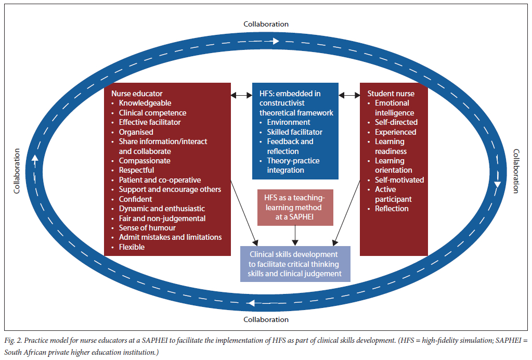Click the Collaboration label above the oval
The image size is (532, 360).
pos(266,24)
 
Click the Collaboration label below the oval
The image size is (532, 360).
pos(266,319)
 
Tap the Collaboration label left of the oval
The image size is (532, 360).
pos(17,171)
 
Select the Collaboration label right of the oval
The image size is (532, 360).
pos(516,171)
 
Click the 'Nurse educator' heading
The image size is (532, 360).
pos(137,94)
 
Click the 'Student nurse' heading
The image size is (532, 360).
pos(391,94)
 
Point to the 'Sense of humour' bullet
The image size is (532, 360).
pos(147,228)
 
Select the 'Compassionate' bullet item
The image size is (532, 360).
pos(145,161)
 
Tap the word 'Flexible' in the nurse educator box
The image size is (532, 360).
pos(132,247)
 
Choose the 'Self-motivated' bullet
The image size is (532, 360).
pos(399,180)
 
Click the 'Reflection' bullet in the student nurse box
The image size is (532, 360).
pos(392,209)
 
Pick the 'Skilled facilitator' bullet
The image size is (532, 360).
pos(294,132)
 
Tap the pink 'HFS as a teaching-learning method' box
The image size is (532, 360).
pos(295,208)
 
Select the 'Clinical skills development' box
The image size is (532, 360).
pos(295,264)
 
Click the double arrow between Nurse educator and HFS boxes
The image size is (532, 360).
pos(241,95)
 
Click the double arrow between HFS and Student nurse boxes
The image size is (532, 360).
pos(349,95)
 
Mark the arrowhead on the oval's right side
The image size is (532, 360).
pos(498,184)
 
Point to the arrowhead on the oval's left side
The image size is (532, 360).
pos(35,158)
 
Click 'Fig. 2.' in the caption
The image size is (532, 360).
pos(14,340)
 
